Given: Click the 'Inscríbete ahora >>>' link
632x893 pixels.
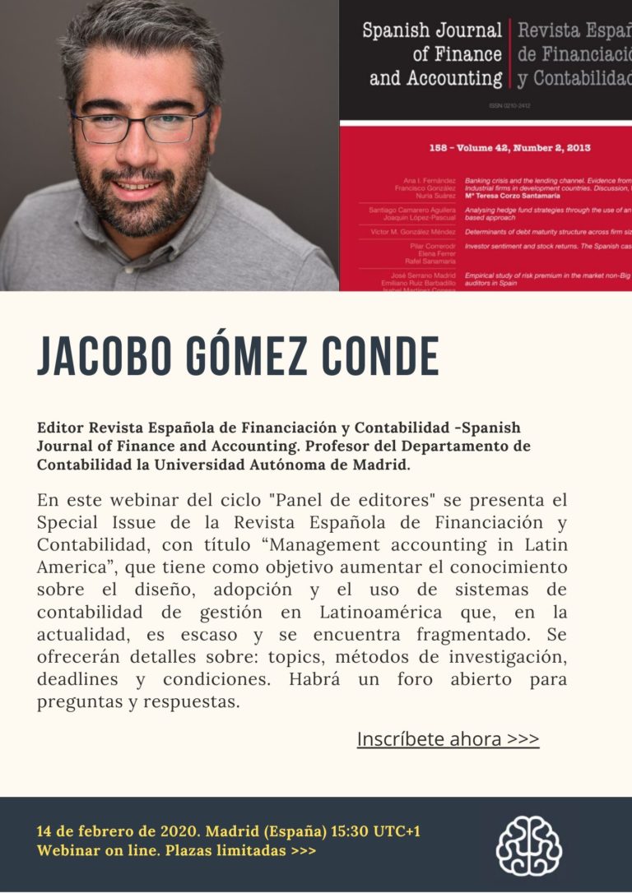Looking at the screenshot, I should tap(448, 739).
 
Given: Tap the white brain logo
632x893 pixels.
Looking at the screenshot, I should tap(528, 845).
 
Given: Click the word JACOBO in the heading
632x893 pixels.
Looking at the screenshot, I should tap(91, 356).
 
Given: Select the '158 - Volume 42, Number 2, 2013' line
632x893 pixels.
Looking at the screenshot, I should tap(509, 148).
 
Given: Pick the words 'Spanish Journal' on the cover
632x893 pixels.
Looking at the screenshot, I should tap(432, 31).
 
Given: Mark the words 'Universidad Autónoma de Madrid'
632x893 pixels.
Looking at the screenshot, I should tap(281, 465).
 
